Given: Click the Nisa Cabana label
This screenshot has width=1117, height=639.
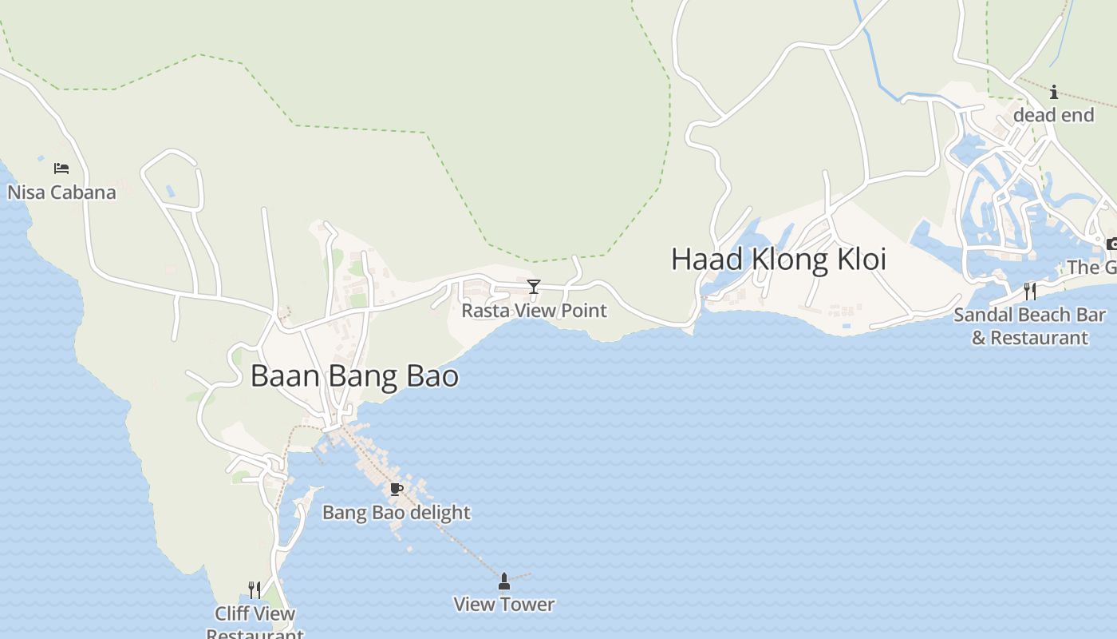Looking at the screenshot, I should tap(61, 192).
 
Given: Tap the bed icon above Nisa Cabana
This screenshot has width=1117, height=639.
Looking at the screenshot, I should tap(61, 168).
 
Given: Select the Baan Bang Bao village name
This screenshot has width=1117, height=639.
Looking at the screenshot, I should tap(354, 376).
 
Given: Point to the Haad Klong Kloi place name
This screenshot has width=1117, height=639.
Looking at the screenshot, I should tap(778, 260).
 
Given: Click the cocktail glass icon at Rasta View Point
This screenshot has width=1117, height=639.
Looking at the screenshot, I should tap(534, 287).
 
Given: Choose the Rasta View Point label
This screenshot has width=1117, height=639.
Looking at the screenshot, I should tap(534, 311).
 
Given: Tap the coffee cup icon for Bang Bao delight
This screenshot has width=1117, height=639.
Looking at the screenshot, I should tap(396, 489).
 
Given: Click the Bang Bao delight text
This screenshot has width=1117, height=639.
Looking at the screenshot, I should tap(396, 513).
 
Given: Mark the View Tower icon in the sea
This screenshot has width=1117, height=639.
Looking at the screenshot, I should tap(503, 581).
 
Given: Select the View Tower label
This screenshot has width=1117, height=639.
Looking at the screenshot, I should tap(503, 605).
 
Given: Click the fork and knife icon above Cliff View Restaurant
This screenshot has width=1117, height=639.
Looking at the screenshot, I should tap(255, 590).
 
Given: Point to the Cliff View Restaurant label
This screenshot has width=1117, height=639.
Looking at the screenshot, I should tap(255, 623).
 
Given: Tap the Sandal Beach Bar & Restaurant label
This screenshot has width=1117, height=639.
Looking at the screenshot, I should tap(1029, 326).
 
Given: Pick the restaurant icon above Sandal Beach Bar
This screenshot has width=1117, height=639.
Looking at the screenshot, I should tap(1030, 291).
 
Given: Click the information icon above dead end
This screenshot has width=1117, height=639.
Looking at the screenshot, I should tap(1053, 92).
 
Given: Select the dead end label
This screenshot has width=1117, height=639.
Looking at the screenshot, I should tap(1053, 116).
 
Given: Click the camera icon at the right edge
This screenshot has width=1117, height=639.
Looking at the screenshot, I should tap(1111, 244).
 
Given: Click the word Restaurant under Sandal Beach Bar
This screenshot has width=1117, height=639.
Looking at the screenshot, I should tap(1040, 338).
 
